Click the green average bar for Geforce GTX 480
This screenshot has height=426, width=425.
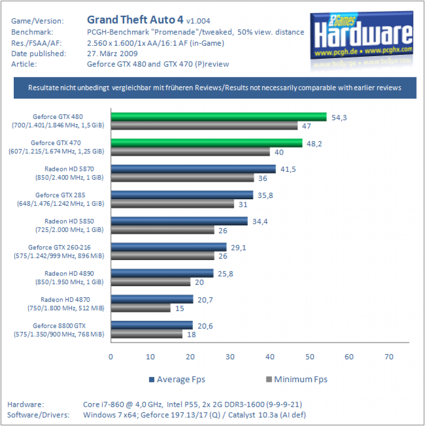(219, 117)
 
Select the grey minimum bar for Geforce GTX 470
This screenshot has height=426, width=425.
(190, 151)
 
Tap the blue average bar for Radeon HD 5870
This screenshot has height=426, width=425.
(193, 169)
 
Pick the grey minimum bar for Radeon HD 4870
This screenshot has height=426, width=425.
(141, 308)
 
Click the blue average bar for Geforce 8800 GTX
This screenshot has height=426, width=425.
(152, 325)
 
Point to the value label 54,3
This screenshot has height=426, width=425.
(339, 118)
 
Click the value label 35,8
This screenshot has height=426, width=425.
(265, 196)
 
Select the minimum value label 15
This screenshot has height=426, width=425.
(180, 308)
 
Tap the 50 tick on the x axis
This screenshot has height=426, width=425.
(310, 357)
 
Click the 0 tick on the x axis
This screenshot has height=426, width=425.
(111, 357)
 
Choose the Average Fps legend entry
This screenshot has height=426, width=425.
(177, 379)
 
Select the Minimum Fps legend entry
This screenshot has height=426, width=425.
(297, 379)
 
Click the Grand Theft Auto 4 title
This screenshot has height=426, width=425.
(135, 20)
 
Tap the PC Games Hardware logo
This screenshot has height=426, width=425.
(362, 35)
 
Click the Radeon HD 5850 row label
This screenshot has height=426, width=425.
(70, 225)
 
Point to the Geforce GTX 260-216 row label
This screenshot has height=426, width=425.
(59, 252)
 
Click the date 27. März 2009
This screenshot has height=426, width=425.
(112, 54)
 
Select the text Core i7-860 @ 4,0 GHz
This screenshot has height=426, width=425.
(123, 404)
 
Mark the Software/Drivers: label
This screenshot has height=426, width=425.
(38, 415)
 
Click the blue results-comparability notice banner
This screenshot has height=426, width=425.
(215, 88)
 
